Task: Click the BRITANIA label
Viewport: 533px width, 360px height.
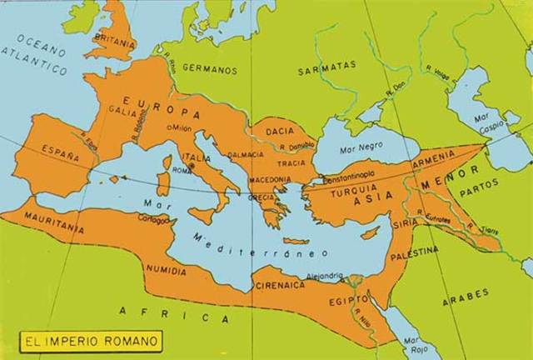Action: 115,39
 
